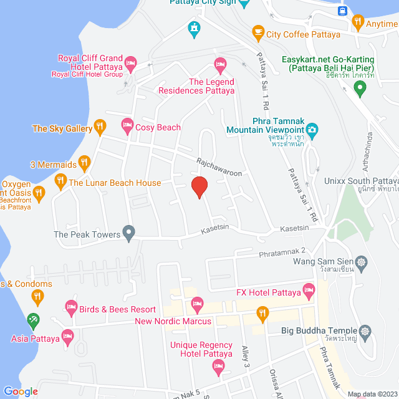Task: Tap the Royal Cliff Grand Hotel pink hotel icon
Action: click(x=131, y=63)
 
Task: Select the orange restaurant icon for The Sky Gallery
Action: click(x=99, y=128)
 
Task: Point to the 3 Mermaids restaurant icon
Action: click(x=85, y=165)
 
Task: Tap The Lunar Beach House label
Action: click(x=115, y=183)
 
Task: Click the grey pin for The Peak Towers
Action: click(x=129, y=234)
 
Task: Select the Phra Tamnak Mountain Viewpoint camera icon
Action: click(x=313, y=130)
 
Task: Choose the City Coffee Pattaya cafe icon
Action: click(x=257, y=32)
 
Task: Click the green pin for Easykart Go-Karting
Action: click(x=359, y=89)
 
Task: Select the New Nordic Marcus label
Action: click(x=173, y=321)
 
